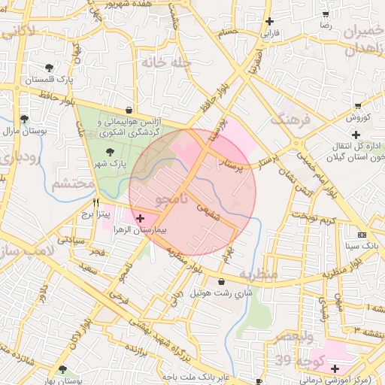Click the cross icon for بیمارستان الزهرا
(x=141, y=217)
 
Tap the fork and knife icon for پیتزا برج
(x=95, y=203)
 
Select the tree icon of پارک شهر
(x=111, y=153)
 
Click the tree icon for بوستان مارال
(x=24, y=119)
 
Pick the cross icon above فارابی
(x=270, y=22)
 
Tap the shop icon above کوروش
(x=358, y=106)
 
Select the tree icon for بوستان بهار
(x=62, y=370)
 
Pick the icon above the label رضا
(x=326, y=14)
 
